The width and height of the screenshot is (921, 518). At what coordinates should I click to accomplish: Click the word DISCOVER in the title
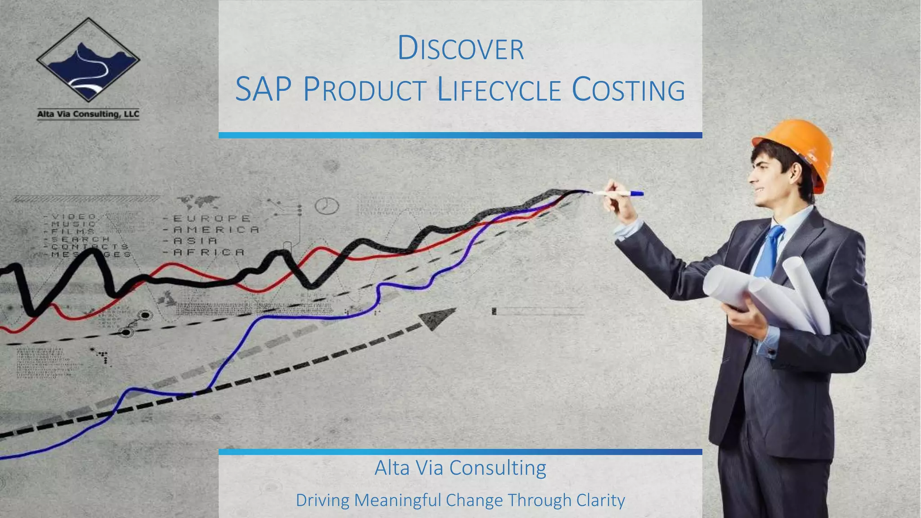[460, 49]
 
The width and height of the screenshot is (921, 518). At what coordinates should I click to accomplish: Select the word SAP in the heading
[263, 89]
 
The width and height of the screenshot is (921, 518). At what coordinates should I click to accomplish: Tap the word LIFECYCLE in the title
[499, 89]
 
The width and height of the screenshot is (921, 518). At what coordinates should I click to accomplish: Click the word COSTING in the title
[628, 89]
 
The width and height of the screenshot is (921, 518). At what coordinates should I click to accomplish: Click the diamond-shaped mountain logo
[88, 60]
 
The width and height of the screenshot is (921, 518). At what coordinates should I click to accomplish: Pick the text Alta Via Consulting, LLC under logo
[88, 114]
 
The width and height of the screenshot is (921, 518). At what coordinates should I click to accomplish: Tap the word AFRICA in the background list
[209, 252]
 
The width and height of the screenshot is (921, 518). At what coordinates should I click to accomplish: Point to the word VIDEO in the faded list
[74, 217]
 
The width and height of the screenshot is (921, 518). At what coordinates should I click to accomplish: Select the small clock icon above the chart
[326, 206]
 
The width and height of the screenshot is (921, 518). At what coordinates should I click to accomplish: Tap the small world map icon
[198, 201]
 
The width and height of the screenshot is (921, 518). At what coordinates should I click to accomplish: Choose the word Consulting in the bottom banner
[497, 468]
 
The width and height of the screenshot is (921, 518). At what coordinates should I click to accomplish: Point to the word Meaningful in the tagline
[398, 500]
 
